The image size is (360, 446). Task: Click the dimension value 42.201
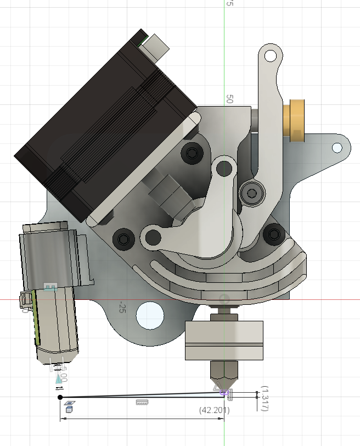214,410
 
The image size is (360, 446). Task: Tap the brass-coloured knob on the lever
295,120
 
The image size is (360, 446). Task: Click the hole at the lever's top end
271,55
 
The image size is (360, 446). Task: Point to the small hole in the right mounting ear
337,148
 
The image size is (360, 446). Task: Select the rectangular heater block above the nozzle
224,340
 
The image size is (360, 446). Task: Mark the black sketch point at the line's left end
60,397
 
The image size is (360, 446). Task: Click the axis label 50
229,99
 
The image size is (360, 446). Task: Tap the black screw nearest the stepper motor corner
192,153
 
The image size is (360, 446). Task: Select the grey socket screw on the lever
252,192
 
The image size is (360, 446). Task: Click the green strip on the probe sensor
35,316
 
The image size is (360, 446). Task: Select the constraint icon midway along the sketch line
142,402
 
